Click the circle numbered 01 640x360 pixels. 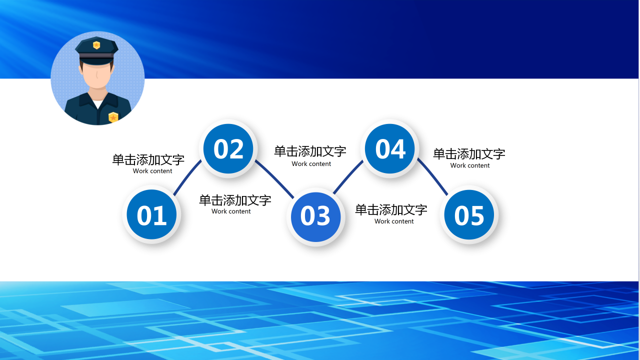(151, 215)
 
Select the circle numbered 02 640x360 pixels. (228, 148)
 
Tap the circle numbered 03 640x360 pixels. (315, 216)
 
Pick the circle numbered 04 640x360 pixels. (390, 148)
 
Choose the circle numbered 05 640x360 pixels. (469, 215)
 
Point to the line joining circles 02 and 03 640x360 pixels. (275, 177)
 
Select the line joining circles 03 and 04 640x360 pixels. (348, 176)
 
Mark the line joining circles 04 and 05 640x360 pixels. (433, 176)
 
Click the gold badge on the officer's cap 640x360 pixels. (96, 45)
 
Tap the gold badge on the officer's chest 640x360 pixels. (113, 117)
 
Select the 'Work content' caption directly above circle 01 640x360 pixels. (152, 171)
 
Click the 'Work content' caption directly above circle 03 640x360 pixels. (311, 164)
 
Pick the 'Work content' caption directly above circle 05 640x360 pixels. (470, 165)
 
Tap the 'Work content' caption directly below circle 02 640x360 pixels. (231, 211)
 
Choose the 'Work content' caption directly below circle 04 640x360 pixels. (394, 221)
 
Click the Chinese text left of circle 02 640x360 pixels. (148, 160)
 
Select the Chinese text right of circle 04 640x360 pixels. (469, 154)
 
